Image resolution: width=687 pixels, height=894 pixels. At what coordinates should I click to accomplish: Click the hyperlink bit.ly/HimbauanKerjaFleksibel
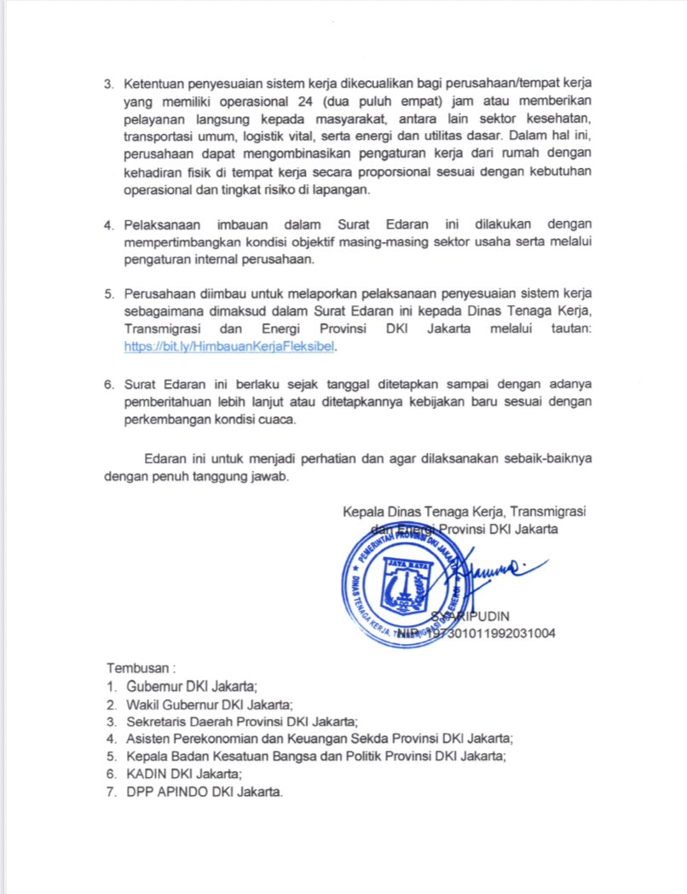[x=231, y=347]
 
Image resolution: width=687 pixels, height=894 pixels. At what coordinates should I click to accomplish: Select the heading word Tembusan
[x=137, y=666]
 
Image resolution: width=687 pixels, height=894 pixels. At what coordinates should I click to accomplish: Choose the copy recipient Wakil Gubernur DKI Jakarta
[x=209, y=705]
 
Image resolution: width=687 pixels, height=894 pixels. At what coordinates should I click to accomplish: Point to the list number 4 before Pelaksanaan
[x=109, y=224]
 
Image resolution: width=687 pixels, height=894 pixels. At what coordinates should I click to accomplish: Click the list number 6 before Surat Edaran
[x=109, y=384]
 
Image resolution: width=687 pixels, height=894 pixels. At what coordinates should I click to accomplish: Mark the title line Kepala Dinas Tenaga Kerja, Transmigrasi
[x=468, y=512]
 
